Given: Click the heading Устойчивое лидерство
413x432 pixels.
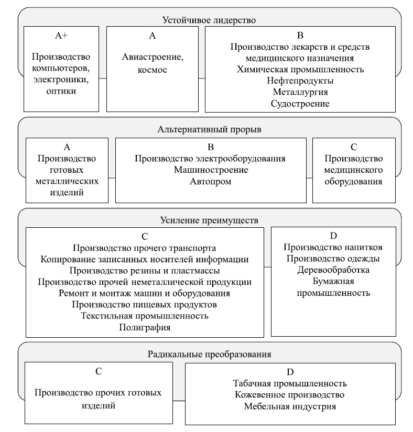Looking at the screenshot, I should (208, 20).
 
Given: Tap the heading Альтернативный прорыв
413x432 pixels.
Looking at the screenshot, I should (209, 129).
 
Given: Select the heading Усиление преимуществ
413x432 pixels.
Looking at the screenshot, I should (209, 219).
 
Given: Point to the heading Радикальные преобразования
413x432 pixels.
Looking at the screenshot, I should (209, 354).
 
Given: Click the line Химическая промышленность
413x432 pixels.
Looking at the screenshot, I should (300, 69).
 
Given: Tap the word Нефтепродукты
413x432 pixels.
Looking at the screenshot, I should (300, 81).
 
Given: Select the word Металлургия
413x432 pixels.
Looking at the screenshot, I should (300, 92).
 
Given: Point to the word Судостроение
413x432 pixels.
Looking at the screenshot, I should (300, 104).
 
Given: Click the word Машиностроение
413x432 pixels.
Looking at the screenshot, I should (211, 170).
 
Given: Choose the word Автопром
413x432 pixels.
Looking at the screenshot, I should (211, 182).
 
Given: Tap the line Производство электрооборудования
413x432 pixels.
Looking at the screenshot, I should (211, 159).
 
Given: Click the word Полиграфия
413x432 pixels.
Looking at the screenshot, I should (145, 327).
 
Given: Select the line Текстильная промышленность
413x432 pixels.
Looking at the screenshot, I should (145, 316).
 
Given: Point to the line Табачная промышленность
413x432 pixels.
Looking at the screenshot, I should (290, 383).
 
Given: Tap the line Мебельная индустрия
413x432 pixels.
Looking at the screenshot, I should (290, 406).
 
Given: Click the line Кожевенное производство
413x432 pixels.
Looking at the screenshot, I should (290, 394).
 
